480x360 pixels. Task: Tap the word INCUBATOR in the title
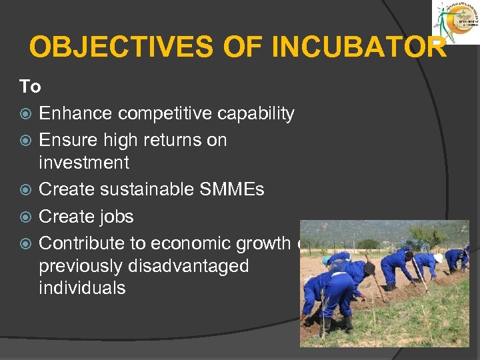(360, 47)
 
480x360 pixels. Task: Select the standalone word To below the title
(30, 87)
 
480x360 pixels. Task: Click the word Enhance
(76, 114)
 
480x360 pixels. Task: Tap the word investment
(84, 163)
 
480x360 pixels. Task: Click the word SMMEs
(233, 189)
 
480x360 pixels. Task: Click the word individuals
(82, 288)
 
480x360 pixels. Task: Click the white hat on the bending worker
(438, 257)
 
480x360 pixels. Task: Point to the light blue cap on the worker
(326, 261)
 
